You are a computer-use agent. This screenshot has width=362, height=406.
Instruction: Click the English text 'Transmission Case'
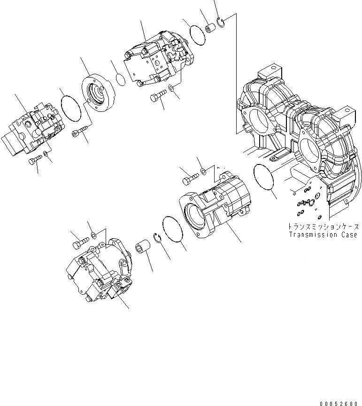[x=323, y=234]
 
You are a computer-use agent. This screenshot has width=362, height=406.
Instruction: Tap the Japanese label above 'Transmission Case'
[x=323, y=226]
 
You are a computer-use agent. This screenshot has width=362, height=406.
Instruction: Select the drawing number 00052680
[x=341, y=403]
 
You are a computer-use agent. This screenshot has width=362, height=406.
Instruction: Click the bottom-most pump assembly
[x=99, y=273]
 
